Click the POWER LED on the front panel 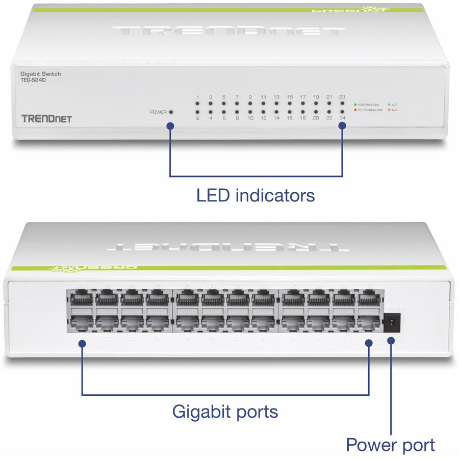[171, 112]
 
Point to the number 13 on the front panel [276, 96]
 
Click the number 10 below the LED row [250, 118]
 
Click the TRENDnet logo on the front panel [46, 119]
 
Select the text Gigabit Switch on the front [40, 74]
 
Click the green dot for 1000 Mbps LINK [355, 104]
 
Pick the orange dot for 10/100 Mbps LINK [355, 110]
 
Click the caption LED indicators [255, 195]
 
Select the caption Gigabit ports [225, 411]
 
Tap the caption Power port [390, 444]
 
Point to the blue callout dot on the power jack [391, 340]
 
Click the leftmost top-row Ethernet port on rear [80, 298]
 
